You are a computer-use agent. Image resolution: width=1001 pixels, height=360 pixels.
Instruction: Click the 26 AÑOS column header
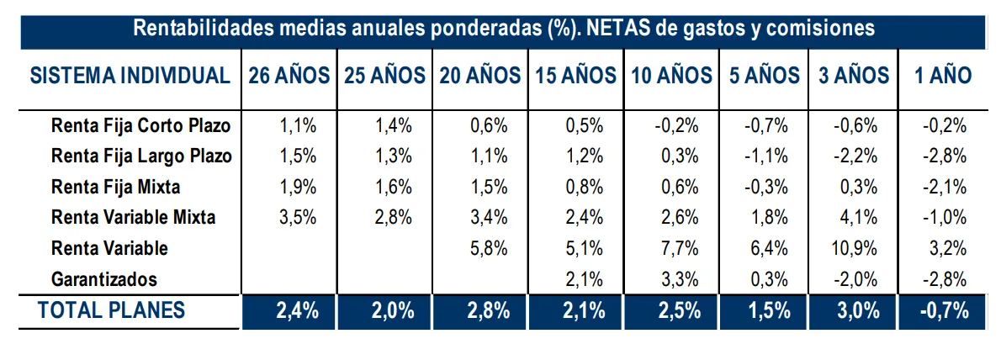(x=289, y=76)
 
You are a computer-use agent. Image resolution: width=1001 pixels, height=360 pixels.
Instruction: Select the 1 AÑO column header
(x=943, y=76)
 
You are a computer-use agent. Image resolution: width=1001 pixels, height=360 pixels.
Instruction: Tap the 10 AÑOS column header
(x=671, y=76)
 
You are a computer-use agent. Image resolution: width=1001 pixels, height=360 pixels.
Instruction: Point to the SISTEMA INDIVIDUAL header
(x=130, y=76)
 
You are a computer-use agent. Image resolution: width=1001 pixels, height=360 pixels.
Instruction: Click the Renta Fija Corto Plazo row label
(x=140, y=127)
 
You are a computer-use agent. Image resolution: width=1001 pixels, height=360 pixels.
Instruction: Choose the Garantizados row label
(x=104, y=278)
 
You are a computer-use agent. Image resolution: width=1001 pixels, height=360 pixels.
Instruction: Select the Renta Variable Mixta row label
(x=133, y=218)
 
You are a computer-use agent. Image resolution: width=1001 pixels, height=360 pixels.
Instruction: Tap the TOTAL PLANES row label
(x=111, y=310)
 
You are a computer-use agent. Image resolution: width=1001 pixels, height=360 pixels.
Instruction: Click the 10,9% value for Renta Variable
(x=855, y=248)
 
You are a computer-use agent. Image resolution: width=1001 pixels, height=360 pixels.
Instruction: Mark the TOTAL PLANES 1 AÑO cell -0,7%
(x=945, y=310)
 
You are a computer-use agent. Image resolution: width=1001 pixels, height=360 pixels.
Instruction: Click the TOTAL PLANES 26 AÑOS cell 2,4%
(x=297, y=310)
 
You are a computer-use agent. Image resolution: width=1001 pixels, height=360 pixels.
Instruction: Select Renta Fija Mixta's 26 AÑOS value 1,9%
(x=297, y=188)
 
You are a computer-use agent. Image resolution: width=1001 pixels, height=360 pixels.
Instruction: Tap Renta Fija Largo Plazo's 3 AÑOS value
(x=855, y=157)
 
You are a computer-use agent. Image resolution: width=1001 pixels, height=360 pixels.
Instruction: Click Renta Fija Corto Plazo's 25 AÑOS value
(x=394, y=127)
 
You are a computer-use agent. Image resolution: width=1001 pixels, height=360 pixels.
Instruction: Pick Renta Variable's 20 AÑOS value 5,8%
(x=490, y=248)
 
